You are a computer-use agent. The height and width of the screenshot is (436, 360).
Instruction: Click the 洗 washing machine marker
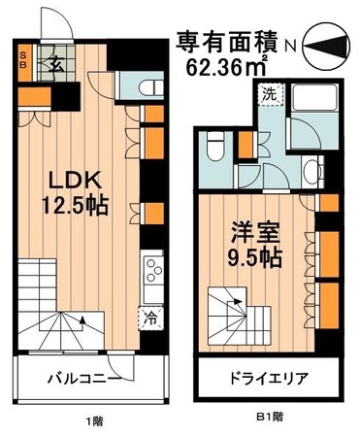(267, 96)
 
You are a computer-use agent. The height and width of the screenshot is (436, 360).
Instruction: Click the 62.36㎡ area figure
(227, 67)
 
